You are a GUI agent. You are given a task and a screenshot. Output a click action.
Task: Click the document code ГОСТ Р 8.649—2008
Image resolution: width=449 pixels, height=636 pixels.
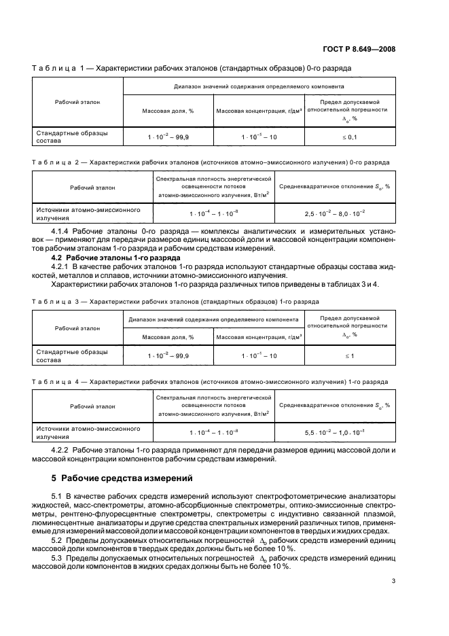tap(379, 48)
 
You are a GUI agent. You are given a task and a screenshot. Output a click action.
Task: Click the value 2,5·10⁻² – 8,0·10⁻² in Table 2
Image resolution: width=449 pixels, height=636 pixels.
tap(335, 213)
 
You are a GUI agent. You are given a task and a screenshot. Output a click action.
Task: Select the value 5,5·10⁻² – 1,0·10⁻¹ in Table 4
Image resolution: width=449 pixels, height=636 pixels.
tap(335, 431)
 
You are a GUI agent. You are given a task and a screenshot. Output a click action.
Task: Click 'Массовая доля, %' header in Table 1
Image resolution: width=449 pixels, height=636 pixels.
tap(167, 110)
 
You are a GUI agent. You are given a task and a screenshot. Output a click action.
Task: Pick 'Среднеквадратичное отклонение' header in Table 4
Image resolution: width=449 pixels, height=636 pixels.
tap(335, 405)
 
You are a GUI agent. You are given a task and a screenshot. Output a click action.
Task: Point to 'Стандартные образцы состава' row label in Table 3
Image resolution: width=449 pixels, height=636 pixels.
tap(71, 355)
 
